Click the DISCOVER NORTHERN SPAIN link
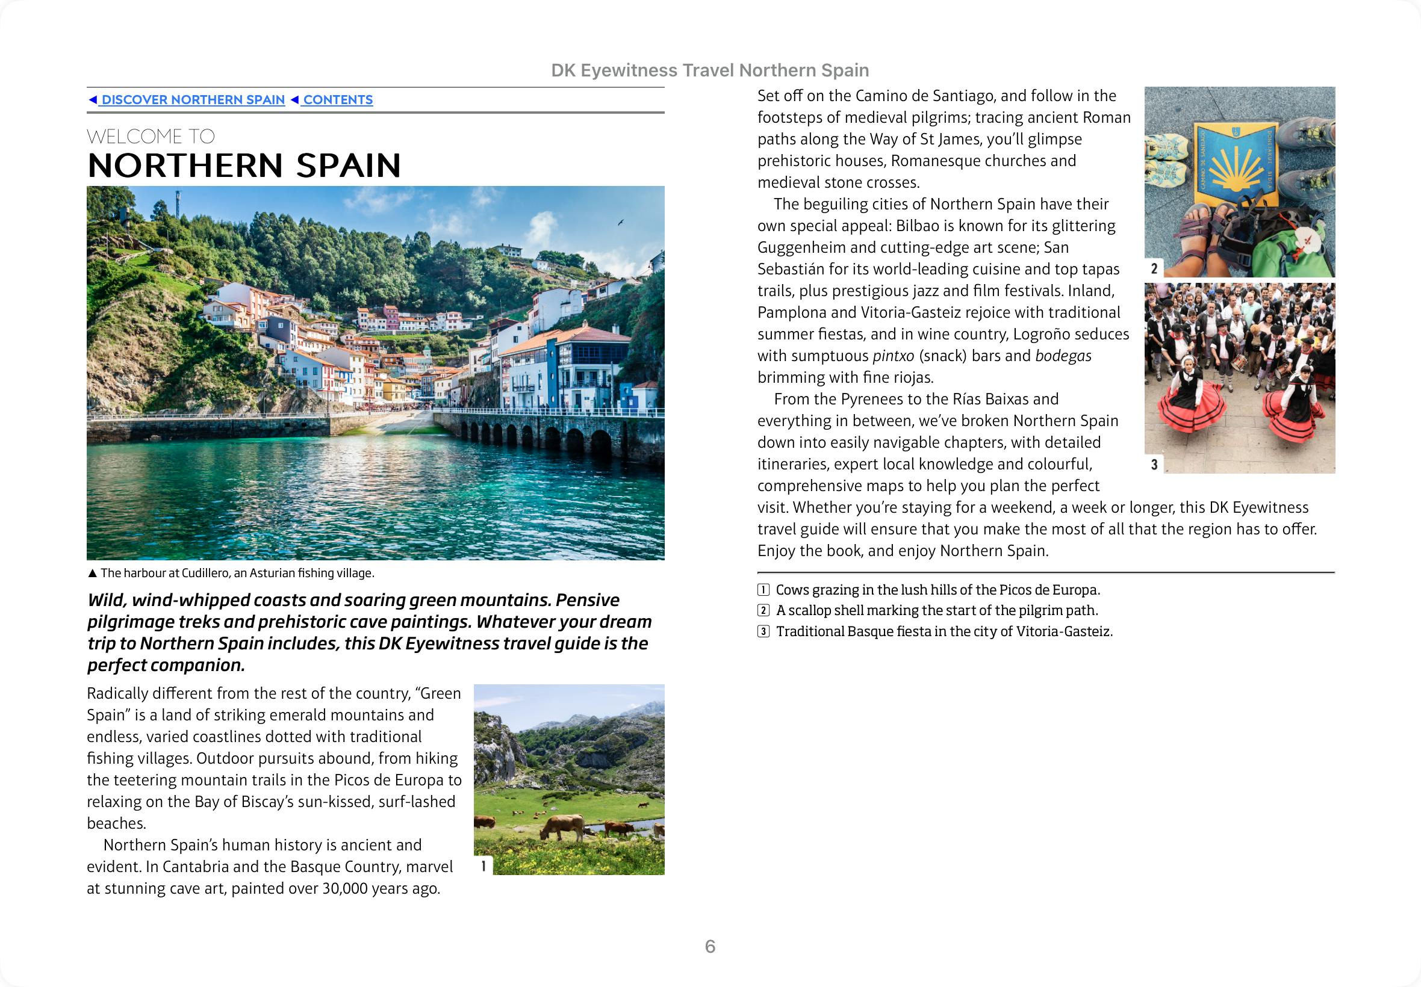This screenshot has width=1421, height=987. [x=193, y=99]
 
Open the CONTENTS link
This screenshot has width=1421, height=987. [x=337, y=99]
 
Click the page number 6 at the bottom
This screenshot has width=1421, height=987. [x=710, y=946]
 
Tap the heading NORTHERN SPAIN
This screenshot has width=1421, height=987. [x=244, y=165]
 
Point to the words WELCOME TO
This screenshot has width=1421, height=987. [x=151, y=136]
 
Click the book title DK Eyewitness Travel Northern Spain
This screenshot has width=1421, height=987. [x=709, y=70]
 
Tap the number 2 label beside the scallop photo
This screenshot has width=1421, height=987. [x=1154, y=268]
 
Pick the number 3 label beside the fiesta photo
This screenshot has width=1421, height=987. [x=1154, y=465]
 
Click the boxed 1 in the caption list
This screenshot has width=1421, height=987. [x=764, y=589]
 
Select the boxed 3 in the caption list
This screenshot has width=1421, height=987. [x=764, y=631]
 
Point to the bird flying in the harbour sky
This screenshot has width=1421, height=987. [x=621, y=223]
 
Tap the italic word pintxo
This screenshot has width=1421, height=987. [x=893, y=356]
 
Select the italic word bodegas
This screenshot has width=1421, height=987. [x=1063, y=356]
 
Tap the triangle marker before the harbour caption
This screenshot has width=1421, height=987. [x=92, y=574]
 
